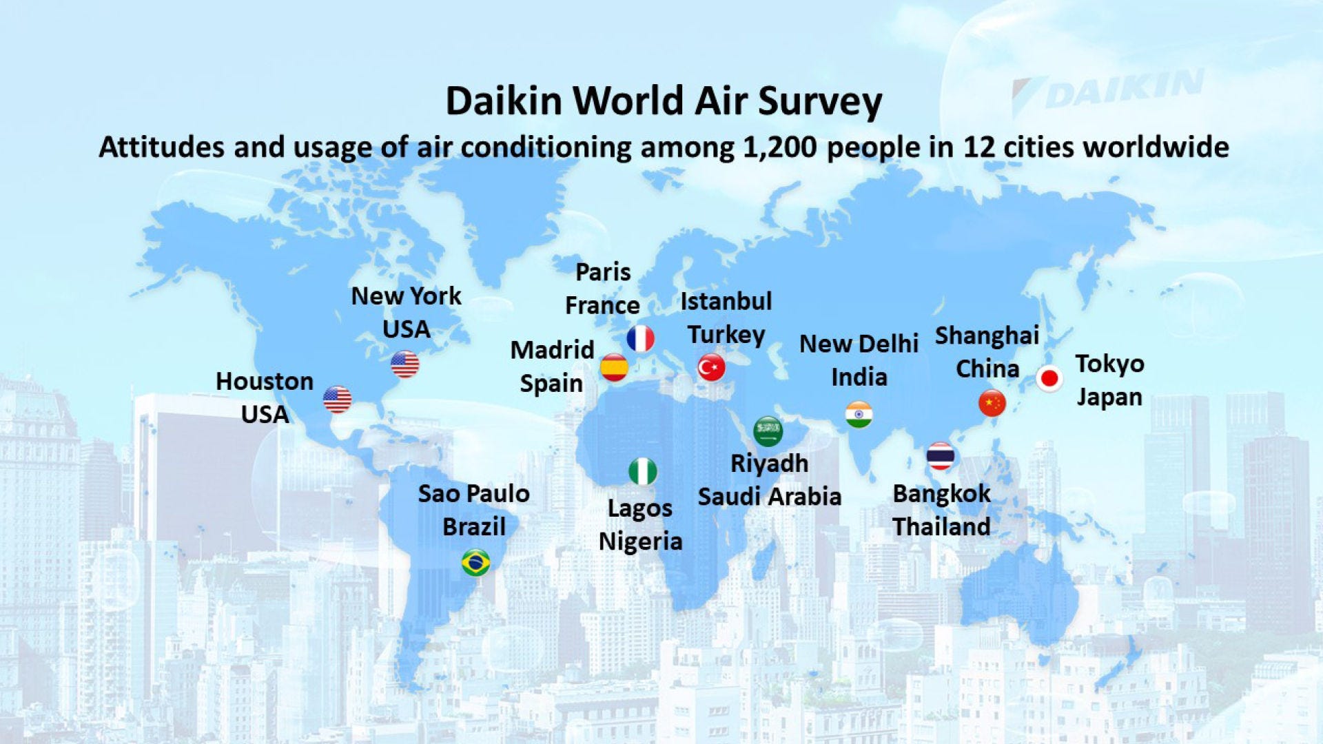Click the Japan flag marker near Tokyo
click(x=1049, y=378)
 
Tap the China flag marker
click(x=992, y=403)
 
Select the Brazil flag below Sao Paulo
click(x=476, y=563)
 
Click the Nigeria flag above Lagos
click(x=643, y=472)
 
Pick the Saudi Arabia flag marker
click(x=768, y=431)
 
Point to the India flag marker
click(x=859, y=415)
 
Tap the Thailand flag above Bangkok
click(x=941, y=456)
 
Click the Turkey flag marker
click(x=711, y=367)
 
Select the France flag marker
click(x=641, y=338)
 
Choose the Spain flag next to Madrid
click(x=614, y=367)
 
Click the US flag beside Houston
click(x=338, y=400)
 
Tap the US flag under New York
click(x=405, y=364)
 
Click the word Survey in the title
click(x=820, y=102)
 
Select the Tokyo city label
click(x=1109, y=364)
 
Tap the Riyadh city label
click(x=770, y=464)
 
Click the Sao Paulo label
click(x=474, y=493)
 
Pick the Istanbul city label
click(x=726, y=301)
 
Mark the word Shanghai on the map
click(x=987, y=336)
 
